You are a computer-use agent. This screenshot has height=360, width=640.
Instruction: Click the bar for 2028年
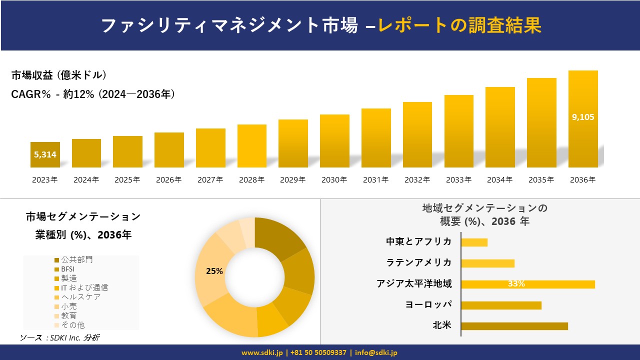point(251,146)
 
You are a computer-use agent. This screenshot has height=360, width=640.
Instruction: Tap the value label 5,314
point(45,155)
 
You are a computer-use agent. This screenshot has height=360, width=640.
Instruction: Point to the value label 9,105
point(583,117)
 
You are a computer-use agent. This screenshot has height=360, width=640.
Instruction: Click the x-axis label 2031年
point(375,180)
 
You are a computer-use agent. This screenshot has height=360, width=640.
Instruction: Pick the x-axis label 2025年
point(127,180)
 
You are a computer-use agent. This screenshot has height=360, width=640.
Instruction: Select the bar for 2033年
point(458,131)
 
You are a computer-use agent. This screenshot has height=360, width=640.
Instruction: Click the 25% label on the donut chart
point(214,271)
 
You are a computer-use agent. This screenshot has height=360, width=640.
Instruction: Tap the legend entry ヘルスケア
point(80,297)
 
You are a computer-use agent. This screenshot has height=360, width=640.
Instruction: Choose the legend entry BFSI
point(67,269)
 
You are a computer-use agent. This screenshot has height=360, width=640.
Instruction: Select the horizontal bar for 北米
point(514,326)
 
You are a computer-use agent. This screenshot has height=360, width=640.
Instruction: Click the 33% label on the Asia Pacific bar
point(516,284)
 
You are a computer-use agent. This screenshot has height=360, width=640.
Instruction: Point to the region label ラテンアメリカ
point(419,263)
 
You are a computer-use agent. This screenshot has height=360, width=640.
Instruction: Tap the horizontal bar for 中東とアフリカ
point(474,242)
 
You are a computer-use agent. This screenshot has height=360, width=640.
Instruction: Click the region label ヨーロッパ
point(428,305)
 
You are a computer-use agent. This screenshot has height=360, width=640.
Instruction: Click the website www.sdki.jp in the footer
point(262,352)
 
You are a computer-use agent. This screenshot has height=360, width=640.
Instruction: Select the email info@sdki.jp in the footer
point(376,352)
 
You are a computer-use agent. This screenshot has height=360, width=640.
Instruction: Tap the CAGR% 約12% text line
point(93,94)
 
